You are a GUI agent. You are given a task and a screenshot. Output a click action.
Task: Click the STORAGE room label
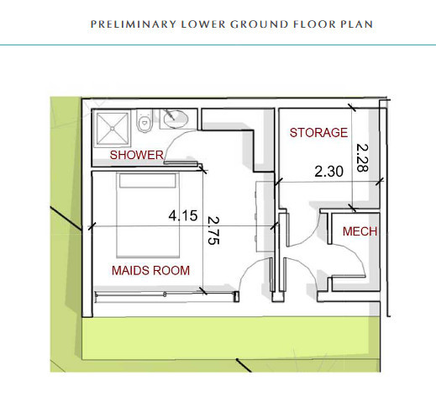318,133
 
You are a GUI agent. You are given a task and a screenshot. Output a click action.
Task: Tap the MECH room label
360,231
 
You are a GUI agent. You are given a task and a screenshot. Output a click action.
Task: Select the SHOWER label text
137,155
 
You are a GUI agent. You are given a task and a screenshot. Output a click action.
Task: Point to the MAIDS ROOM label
150,270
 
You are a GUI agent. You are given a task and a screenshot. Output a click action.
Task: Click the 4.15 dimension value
183,215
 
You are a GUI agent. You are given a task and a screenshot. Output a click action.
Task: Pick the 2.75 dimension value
213,230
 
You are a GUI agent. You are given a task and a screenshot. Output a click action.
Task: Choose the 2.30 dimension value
328,172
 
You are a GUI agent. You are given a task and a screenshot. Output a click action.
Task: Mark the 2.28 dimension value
362,157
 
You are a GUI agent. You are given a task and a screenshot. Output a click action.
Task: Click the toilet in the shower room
144,120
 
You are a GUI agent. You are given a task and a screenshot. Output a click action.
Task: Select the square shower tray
112,129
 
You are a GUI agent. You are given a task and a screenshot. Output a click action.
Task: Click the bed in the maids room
148,215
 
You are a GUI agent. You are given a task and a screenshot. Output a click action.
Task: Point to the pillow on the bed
148,180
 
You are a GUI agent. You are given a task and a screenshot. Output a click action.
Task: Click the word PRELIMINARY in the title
134,24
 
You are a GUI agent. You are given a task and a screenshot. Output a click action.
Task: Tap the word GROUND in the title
260,24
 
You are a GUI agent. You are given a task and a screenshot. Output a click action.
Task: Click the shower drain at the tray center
113,129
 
